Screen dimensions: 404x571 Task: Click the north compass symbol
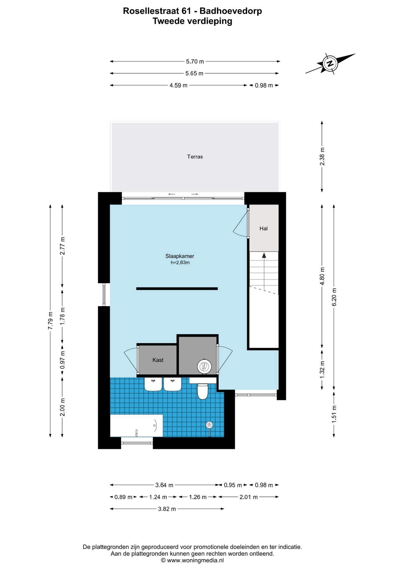coord(330,63)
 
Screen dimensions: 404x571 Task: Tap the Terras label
coord(195,157)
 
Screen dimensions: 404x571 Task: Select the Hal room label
coord(263,228)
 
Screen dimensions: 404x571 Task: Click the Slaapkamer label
coord(180,256)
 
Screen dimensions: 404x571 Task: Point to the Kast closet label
coord(158,360)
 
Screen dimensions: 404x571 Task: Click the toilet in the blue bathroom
coord(203,391)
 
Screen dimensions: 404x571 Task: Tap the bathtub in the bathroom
coord(137,426)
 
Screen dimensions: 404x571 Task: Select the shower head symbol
coord(209,425)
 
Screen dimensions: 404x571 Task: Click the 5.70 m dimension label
coord(195,62)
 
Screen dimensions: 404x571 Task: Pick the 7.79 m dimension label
coord(50,321)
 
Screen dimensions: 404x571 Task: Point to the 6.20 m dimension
coord(334,297)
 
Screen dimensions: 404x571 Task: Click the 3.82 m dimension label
coord(167,509)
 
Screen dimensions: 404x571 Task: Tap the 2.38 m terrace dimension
coord(322,157)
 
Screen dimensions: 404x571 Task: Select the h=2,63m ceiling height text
coord(180,263)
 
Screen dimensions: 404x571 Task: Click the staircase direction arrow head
coord(264,255)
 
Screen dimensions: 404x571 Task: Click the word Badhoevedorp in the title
coord(231,11)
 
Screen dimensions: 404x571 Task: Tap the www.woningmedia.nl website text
coord(195,560)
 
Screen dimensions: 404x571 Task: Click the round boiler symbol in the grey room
coord(204,366)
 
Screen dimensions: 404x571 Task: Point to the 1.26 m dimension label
coord(198,497)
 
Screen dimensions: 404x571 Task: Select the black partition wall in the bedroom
coord(177,288)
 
